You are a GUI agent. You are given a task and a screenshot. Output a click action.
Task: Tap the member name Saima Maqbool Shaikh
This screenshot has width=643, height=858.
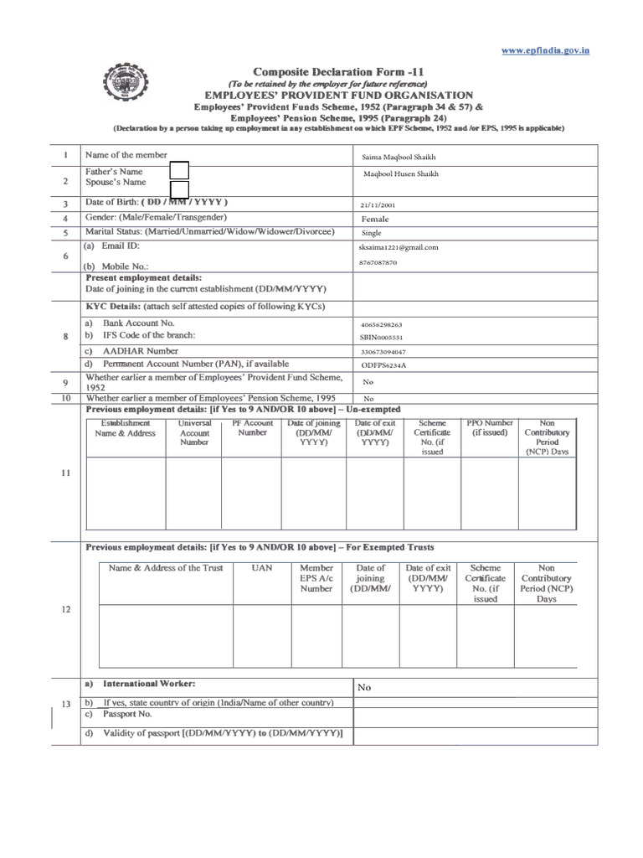[399, 157]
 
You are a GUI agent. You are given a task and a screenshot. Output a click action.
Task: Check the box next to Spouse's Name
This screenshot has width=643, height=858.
[179, 189]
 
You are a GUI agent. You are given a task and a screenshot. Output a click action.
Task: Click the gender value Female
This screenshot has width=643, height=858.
[375, 219]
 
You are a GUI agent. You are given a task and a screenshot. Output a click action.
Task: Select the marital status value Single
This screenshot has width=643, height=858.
[372, 233]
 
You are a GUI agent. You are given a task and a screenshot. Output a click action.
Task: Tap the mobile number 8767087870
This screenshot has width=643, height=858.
[379, 262]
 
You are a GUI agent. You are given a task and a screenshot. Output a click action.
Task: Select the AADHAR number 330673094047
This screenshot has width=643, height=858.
[383, 352]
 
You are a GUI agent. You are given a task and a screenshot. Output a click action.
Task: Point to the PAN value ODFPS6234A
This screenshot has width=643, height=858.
[382, 366]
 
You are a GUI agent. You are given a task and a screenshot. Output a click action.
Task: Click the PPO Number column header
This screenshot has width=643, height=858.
[489, 428]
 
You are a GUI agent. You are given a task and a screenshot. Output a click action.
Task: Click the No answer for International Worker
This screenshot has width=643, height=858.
[364, 687]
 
